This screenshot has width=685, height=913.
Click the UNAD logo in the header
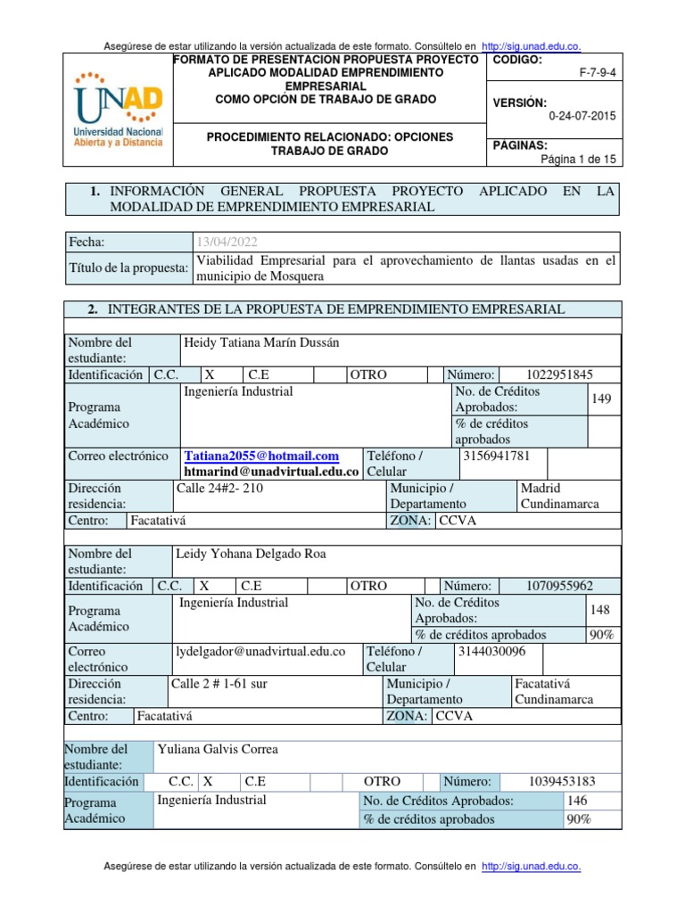118,110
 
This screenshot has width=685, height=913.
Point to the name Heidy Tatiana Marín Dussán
261,342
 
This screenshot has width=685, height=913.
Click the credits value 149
601,399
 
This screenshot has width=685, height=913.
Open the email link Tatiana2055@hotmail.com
261,456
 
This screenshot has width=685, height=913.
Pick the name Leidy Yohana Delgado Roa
251,554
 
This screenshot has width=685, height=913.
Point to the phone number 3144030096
491,651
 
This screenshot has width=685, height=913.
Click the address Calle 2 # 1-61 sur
219,683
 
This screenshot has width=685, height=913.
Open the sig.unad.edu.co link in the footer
531,866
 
